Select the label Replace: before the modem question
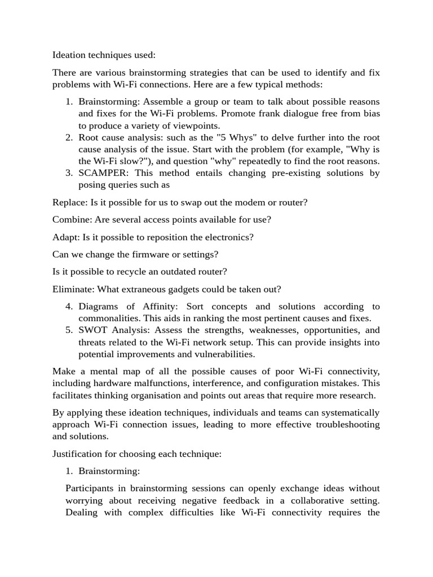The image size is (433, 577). coord(70,202)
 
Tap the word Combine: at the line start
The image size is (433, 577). coord(73,220)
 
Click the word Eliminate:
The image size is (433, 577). coord(73,289)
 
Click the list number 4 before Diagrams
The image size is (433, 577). coord(69,307)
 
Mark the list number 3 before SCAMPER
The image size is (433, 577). coord(69,173)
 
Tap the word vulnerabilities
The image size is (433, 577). coord(220,354)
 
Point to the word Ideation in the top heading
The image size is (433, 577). coord(71,55)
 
